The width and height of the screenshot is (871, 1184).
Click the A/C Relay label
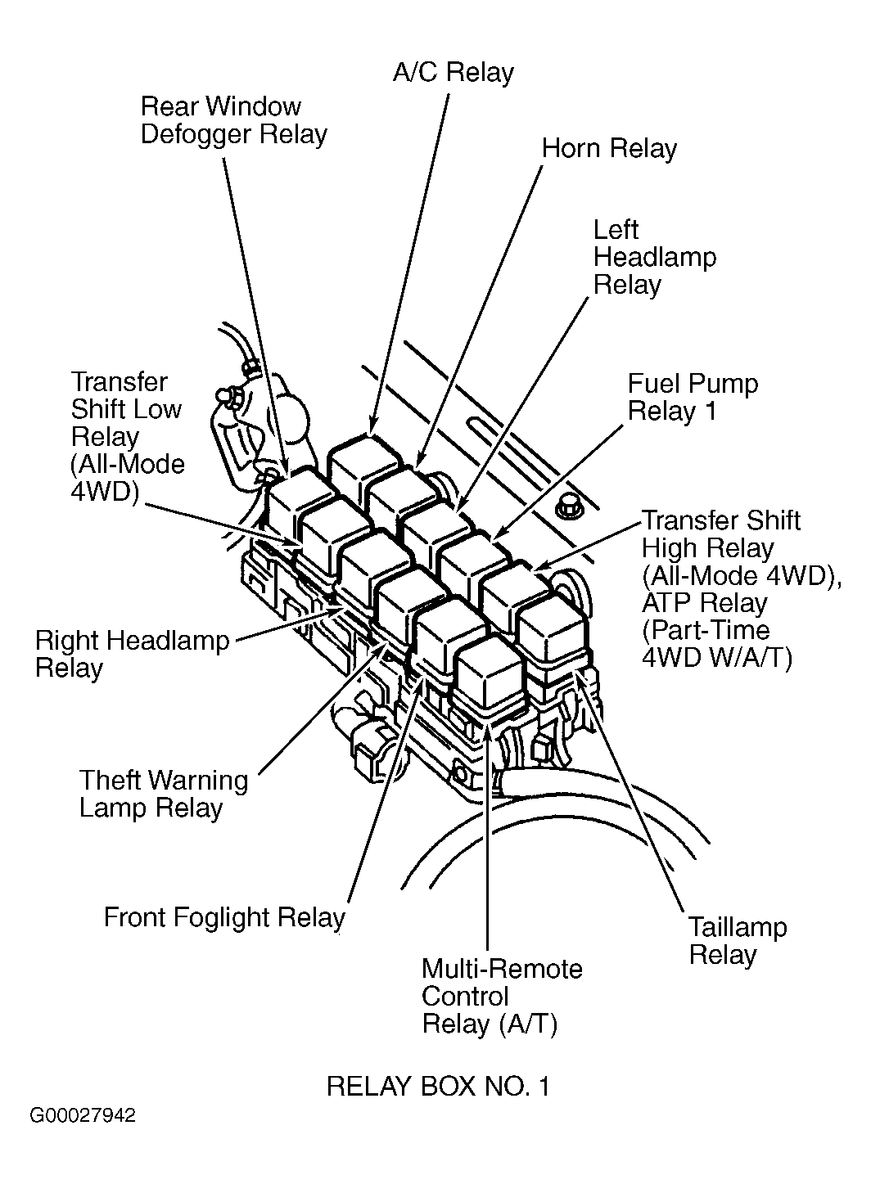(454, 73)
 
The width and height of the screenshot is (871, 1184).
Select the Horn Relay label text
(609, 149)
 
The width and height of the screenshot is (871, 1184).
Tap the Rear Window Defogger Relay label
(234, 120)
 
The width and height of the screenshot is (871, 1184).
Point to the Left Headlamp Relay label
(655, 258)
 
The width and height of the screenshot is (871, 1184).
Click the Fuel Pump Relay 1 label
(693, 398)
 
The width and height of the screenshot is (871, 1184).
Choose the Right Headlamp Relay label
(133, 655)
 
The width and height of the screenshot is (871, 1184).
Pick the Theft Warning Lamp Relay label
(164, 795)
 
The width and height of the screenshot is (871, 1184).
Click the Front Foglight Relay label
(224, 917)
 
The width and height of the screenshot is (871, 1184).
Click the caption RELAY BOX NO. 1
(439, 1087)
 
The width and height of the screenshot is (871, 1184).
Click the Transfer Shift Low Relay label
(128, 437)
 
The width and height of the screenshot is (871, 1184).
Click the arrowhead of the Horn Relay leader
(419, 461)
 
